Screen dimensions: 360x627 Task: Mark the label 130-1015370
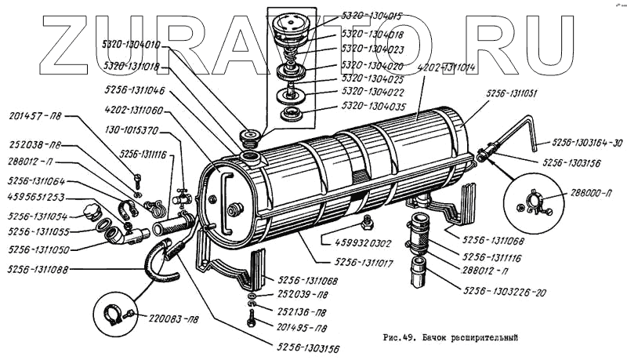(x=135, y=130)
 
